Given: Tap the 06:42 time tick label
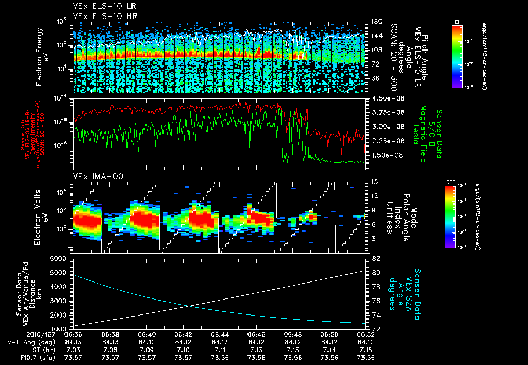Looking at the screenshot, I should pyautogui.click(x=184, y=334).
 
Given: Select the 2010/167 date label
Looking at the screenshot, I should pyautogui.click(x=20, y=334).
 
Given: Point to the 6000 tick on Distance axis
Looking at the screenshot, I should pyautogui.click(x=60, y=258).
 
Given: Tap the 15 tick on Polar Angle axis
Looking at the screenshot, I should pyautogui.click(x=373, y=182).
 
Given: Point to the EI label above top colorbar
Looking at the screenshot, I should pyautogui.click(x=457, y=21).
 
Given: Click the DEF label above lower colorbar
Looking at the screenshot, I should pyautogui.click(x=449, y=182).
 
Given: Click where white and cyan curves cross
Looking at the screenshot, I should pyautogui.click(x=189, y=305).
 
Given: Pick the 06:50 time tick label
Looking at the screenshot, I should pyautogui.click(x=330, y=334).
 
